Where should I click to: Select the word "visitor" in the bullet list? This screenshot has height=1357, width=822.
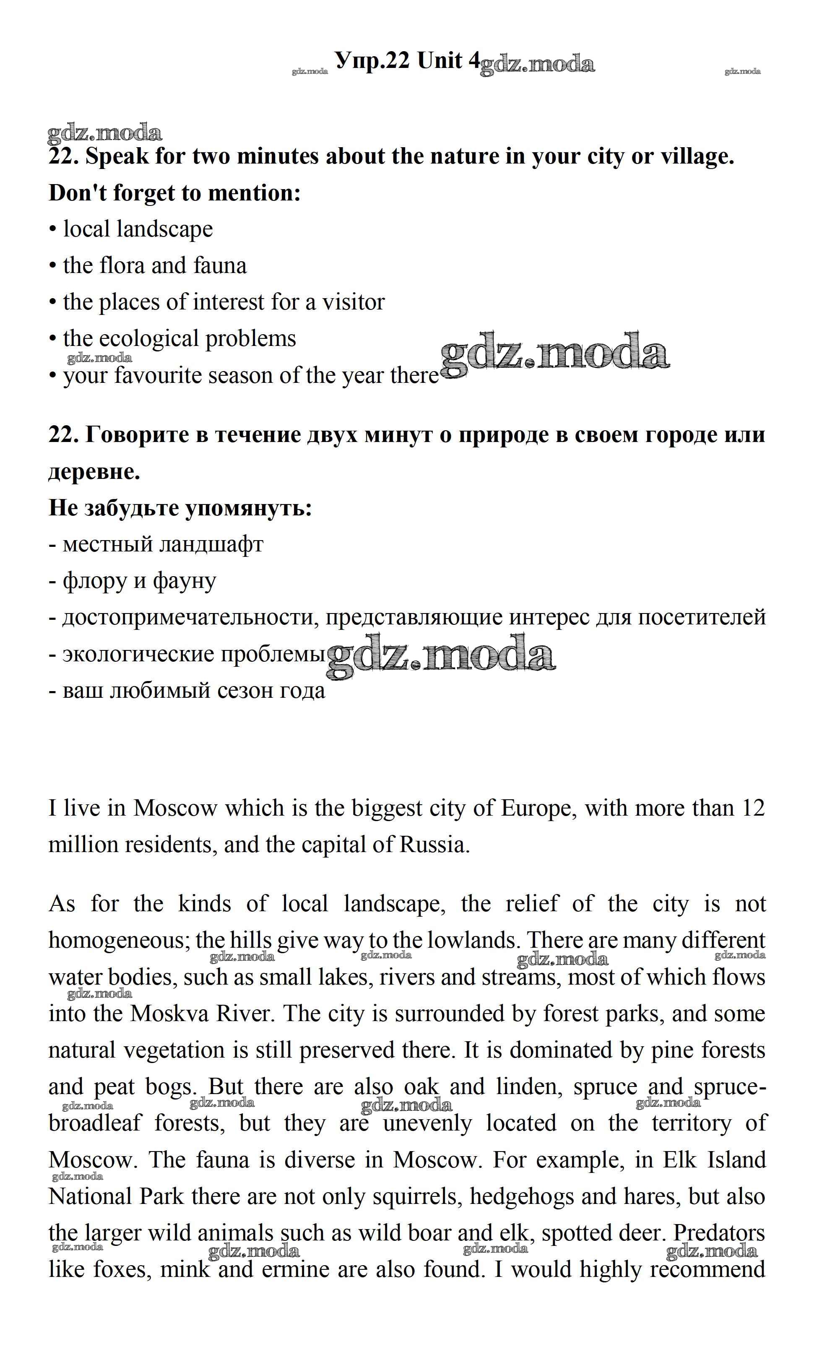(353, 302)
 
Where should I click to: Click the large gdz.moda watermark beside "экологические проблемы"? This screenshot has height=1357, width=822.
(441, 655)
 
